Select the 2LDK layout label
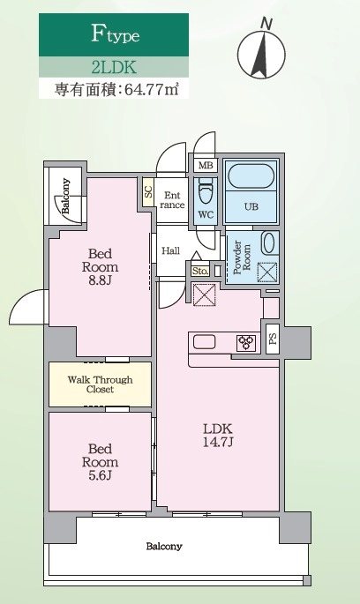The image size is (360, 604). (x=113, y=66)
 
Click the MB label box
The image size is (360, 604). (x=205, y=166)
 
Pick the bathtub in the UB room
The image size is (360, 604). (x=250, y=176)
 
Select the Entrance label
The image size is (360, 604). (x=171, y=200)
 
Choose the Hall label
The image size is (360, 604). (x=171, y=251)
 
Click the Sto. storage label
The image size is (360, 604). (x=199, y=272)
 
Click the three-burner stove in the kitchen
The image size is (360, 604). (x=245, y=342)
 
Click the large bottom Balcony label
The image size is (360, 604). (x=164, y=546)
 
